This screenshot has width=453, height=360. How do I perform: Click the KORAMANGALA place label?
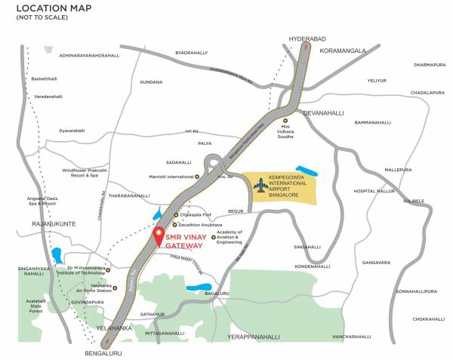tap(343, 51)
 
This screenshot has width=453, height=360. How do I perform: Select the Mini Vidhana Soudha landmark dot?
tap(285, 120)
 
